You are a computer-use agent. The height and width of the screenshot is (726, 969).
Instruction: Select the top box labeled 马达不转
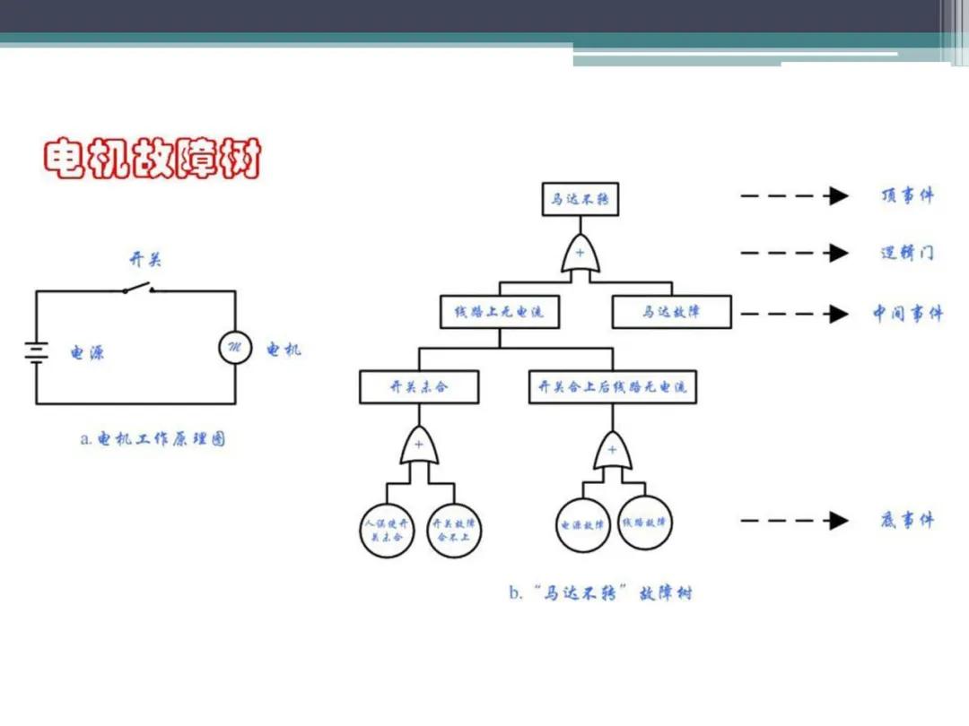(580, 198)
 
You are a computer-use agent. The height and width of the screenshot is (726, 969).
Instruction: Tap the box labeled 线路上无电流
(499, 312)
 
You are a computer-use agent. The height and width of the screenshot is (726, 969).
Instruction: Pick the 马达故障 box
(671, 312)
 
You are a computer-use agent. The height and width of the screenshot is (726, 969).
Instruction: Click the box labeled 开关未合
(419, 387)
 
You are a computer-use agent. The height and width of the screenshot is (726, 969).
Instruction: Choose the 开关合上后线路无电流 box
(612, 387)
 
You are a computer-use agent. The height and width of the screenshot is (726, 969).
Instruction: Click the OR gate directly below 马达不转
(580, 254)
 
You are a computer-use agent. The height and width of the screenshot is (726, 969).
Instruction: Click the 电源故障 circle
(582, 524)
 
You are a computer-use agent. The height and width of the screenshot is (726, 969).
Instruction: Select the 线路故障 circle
(645, 523)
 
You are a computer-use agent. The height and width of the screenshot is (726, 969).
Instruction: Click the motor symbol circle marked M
(236, 348)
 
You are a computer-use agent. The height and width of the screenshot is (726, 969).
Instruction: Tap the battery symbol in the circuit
(36, 350)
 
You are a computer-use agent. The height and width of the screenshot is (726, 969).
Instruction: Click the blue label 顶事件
(906, 196)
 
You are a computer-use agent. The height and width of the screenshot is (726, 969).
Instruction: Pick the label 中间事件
(907, 313)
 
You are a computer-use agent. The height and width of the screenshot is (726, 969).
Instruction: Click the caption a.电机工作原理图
(153, 439)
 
